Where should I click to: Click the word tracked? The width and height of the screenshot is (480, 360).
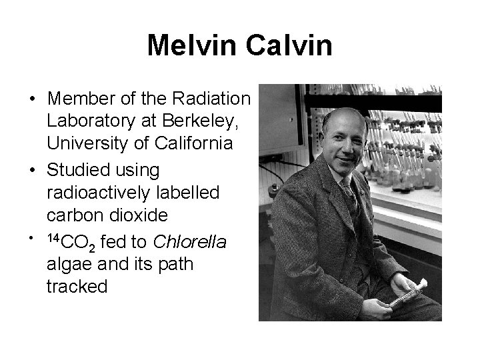[77, 287]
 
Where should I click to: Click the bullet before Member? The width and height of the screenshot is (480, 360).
[32, 99]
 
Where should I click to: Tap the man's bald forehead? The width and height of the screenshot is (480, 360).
[342, 126]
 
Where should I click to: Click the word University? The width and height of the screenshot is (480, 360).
[93, 143]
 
